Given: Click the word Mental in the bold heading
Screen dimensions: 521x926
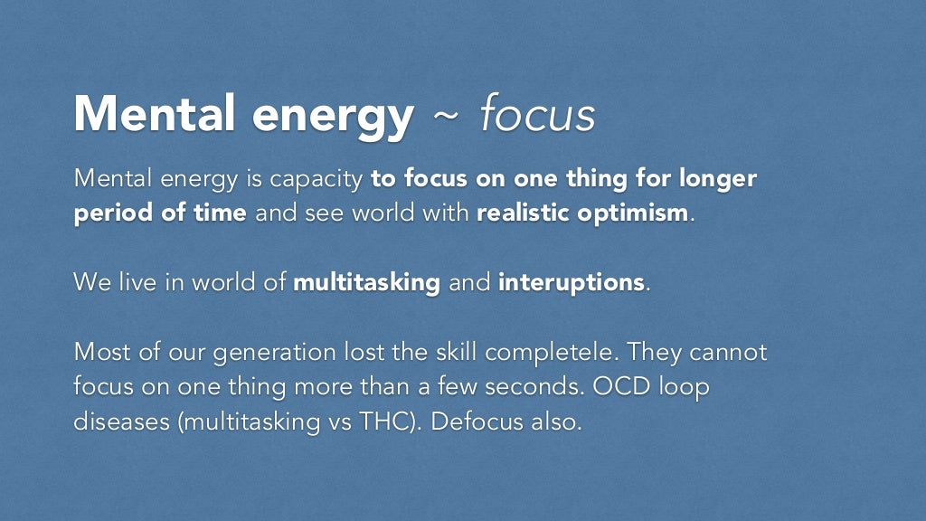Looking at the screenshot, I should point(152,116).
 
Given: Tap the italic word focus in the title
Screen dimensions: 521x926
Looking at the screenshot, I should point(538,116).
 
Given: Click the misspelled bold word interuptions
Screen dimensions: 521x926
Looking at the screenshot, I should point(571,282).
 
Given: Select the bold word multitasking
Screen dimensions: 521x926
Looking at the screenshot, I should point(366,282).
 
